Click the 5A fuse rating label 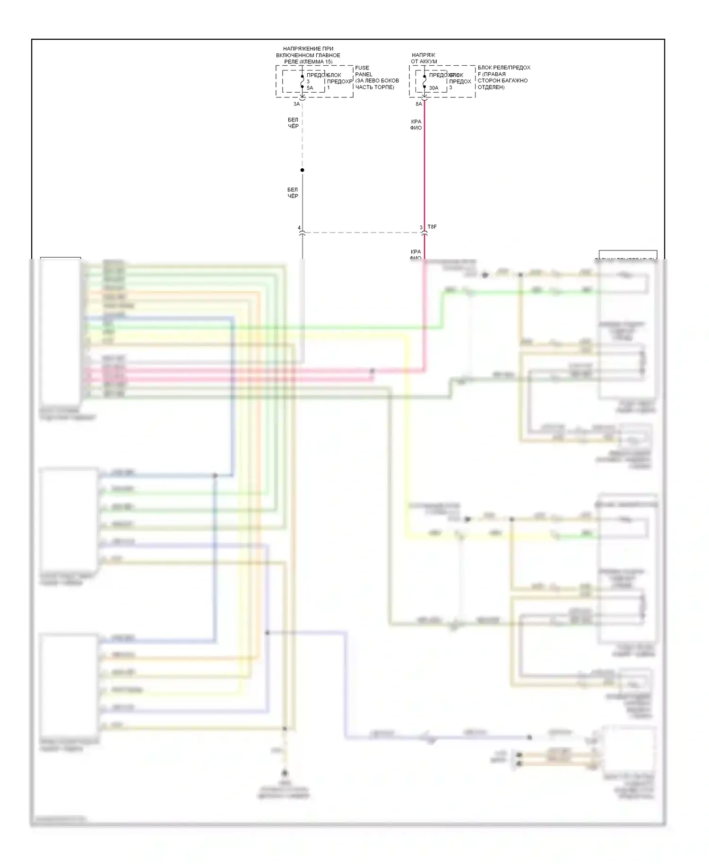click(310, 88)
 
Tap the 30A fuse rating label click(433, 88)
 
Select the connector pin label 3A click(296, 104)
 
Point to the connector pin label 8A click(418, 104)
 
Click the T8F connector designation click(432, 227)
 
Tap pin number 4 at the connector click(299, 228)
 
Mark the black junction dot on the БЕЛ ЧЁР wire click(303, 170)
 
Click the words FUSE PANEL click(363, 71)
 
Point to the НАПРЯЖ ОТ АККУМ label click(424, 58)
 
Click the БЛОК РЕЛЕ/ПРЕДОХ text click(504, 68)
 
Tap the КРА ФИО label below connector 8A click(416, 125)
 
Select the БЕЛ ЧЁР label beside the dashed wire click(293, 123)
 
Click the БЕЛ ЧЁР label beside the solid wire click(293, 193)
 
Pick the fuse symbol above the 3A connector click(303, 82)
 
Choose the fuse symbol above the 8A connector click(424, 82)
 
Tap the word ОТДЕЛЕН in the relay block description click(491, 87)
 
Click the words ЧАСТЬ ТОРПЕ click(374, 87)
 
